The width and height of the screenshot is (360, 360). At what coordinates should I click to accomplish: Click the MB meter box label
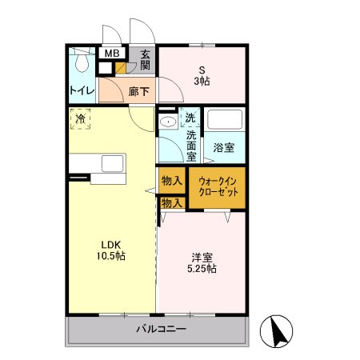pyautogui.click(x=112, y=54)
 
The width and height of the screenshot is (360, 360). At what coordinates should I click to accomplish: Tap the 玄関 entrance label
pyautogui.click(x=145, y=60)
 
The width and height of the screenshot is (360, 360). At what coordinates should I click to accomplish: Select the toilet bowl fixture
pyautogui.click(x=82, y=61)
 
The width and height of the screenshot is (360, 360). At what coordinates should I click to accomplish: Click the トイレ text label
pyautogui.click(x=82, y=90)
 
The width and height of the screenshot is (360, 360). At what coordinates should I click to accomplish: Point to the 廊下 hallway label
pyautogui.click(x=138, y=91)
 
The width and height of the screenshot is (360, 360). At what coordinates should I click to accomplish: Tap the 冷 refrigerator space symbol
pyautogui.click(x=80, y=119)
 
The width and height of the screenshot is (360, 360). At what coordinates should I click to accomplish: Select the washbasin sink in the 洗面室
pyautogui.click(x=168, y=122)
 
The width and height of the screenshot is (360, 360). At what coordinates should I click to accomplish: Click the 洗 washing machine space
pyautogui.click(x=190, y=118)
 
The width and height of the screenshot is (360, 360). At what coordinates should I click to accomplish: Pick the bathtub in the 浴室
pyautogui.click(x=225, y=119)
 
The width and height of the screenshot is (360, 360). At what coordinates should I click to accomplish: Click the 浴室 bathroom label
pyautogui.click(x=224, y=147)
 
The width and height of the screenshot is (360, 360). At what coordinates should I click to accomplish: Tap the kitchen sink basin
pyautogui.click(x=113, y=163)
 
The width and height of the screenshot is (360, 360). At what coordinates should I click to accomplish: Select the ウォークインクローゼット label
pyautogui.click(x=218, y=186)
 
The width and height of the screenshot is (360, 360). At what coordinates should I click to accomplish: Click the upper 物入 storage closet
pyautogui.click(x=172, y=181)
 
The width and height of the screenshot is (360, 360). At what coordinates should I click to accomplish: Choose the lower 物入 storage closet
pyautogui.click(x=172, y=203)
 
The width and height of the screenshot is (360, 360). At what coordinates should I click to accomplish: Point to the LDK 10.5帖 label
pyautogui.click(x=111, y=250)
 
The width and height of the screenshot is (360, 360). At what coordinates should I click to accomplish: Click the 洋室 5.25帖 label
pyautogui.click(x=202, y=263)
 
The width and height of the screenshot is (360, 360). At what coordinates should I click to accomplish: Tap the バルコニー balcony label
pyautogui.click(x=161, y=329)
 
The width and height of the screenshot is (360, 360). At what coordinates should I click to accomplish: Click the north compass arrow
pyautogui.click(x=278, y=331)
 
